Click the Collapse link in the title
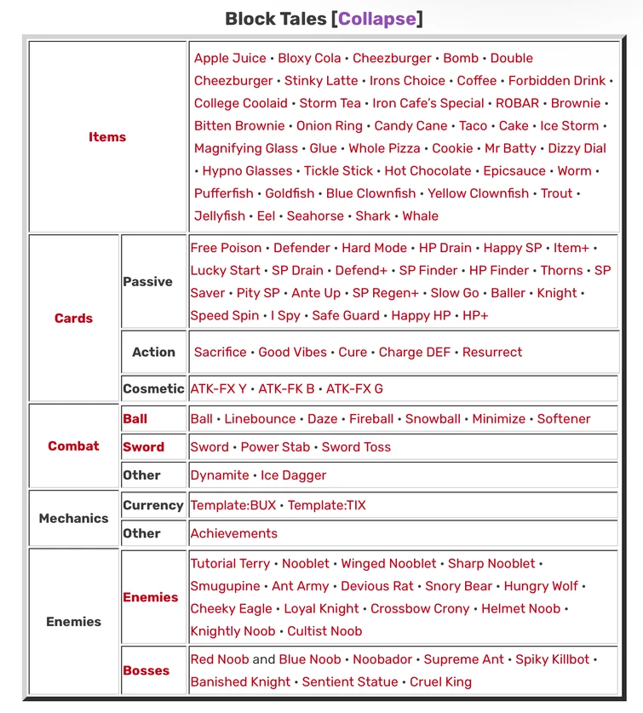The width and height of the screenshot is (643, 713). (377, 19)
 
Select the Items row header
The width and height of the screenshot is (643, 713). (107, 137)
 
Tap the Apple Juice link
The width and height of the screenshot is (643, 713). (230, 58)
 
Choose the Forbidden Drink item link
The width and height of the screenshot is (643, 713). (557, 81)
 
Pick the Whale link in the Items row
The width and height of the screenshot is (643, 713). (421, 216)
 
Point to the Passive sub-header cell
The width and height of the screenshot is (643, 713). (148, 282)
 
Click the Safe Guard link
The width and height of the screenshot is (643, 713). (347, 315)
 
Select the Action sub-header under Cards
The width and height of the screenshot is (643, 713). (153, 352)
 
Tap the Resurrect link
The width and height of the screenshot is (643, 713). (492, 352)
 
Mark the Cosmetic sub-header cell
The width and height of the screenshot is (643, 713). (153, 388)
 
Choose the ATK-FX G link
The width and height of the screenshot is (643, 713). (354, 388)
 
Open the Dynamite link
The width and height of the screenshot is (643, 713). (220, 475)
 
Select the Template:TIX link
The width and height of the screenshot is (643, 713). (327, 505)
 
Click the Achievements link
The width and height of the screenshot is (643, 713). (234, 533)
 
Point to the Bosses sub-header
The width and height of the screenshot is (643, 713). (146, 670)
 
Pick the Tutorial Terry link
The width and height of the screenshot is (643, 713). (230, 563)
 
